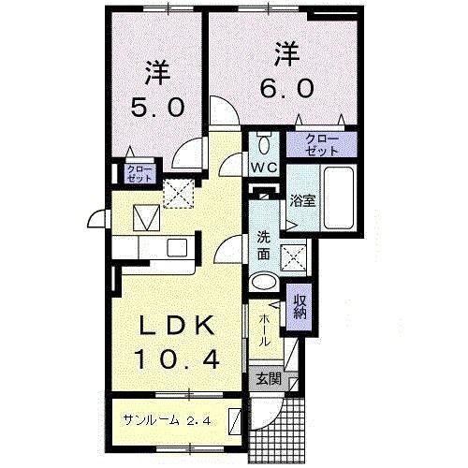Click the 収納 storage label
tap(300, 307)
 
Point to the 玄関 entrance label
tap(268, 379)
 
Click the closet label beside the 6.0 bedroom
tap(321, 144)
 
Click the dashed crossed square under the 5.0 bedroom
tap(175, 192)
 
